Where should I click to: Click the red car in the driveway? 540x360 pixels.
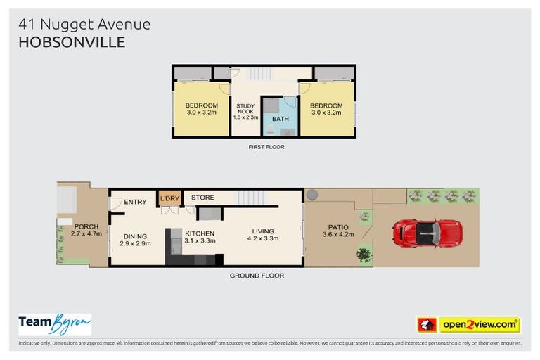427,232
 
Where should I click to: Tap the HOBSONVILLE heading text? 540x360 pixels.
72,42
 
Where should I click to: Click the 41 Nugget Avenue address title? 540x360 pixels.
84,24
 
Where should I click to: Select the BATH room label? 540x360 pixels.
281,119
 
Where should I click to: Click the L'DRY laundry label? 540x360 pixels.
169,198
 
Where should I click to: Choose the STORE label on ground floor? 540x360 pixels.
202,198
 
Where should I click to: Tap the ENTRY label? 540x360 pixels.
135,202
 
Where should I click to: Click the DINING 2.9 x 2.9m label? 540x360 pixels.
135,240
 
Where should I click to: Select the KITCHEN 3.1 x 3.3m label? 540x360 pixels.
199,237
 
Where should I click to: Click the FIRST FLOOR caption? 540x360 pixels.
266,147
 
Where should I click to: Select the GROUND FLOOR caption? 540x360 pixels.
257,276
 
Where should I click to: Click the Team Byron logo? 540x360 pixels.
55,323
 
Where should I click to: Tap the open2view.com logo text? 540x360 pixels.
480,325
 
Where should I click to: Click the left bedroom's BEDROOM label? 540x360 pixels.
202,108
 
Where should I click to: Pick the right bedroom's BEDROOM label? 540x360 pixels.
326,108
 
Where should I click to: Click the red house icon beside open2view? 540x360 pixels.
427,325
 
